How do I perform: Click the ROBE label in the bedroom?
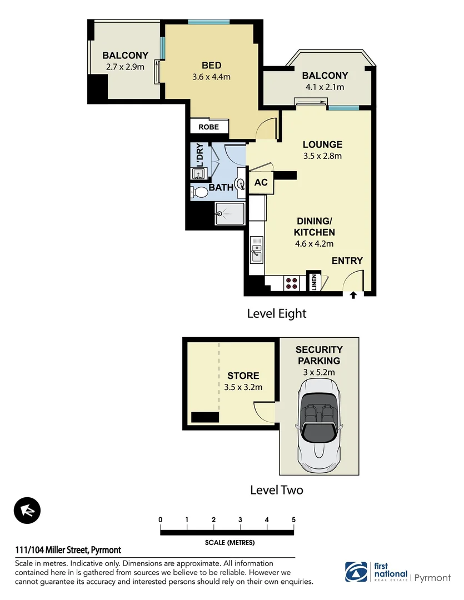209,127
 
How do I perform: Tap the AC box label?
261,183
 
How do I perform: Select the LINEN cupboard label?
314,282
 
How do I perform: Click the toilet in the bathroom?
199,192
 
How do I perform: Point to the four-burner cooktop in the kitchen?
292,283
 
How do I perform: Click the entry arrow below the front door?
353,296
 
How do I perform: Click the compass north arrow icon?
27,510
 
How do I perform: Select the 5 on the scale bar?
293,519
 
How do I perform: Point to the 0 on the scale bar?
161,519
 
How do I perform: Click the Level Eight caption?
276,314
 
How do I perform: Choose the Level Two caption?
276,490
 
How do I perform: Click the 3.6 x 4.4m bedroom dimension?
211,77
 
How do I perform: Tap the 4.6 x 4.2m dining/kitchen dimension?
314,243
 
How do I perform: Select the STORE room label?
243,376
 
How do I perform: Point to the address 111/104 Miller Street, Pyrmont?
68,550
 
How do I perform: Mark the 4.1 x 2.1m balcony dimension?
325,87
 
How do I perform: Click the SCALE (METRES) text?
229,543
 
